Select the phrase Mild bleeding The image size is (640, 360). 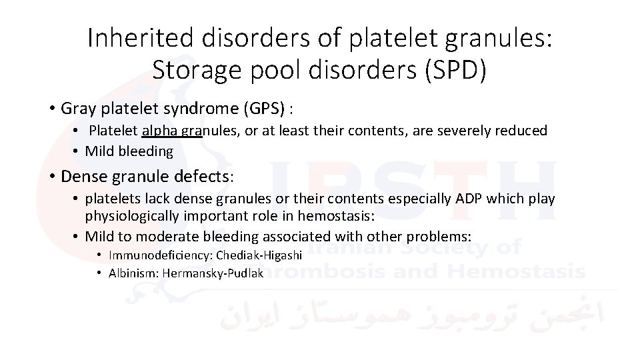[x=129, y=151]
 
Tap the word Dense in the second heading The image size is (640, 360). [x=81, y=177]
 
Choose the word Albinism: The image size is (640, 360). [x=133, y=273]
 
